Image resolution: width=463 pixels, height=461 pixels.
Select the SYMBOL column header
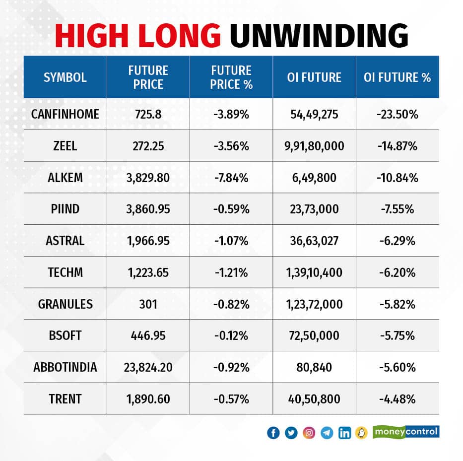(x=65, y=77)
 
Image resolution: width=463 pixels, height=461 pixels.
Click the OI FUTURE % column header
(x=397, y=77)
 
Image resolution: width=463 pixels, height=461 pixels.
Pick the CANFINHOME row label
(x=65, y=114)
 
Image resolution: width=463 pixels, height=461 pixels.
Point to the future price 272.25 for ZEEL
(x=148, y=146)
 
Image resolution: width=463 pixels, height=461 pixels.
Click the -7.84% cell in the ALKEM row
(x=231, y=178)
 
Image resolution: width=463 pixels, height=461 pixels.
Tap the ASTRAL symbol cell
(x=65, y=241)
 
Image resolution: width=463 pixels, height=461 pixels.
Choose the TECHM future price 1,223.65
(x=148, y=273)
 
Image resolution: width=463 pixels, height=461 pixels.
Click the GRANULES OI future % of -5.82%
(x=397, y=304)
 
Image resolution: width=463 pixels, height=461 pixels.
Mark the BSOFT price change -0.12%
(x=231, y=336)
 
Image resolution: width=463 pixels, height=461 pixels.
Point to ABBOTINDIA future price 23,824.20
(x=148, y=368)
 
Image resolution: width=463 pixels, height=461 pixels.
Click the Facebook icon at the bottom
(x=273, y=433)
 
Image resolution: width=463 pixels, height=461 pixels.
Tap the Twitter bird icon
(x=291, y=433)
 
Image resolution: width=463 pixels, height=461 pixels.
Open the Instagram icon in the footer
(x=309, y=433)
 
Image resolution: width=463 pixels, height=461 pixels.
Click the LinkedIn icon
(x=344, y=433)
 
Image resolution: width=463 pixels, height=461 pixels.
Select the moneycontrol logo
(x=406, y=432)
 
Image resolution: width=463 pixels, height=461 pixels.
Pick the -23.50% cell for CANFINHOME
(x=397, y=114)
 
